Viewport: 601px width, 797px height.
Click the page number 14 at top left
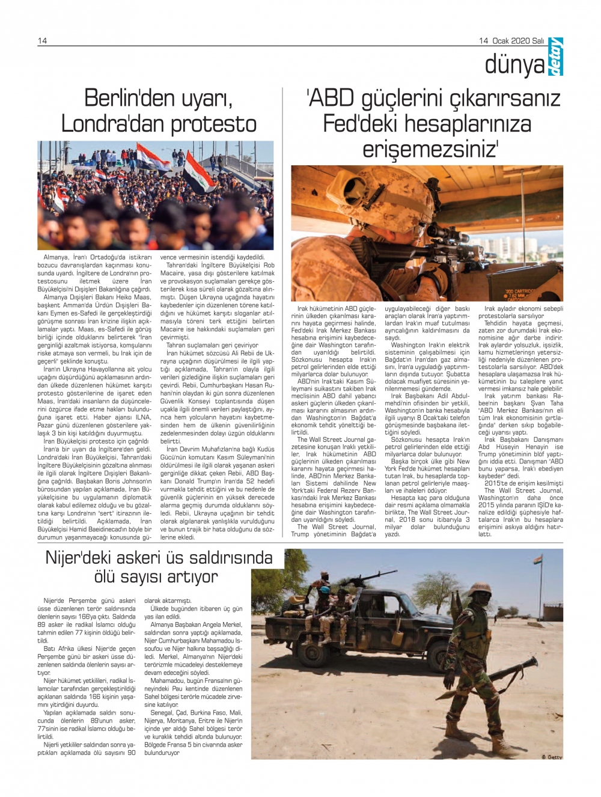[42, 40]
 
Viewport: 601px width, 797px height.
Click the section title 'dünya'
[514, 66]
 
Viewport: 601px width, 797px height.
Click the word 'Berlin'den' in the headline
[124, 98]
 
